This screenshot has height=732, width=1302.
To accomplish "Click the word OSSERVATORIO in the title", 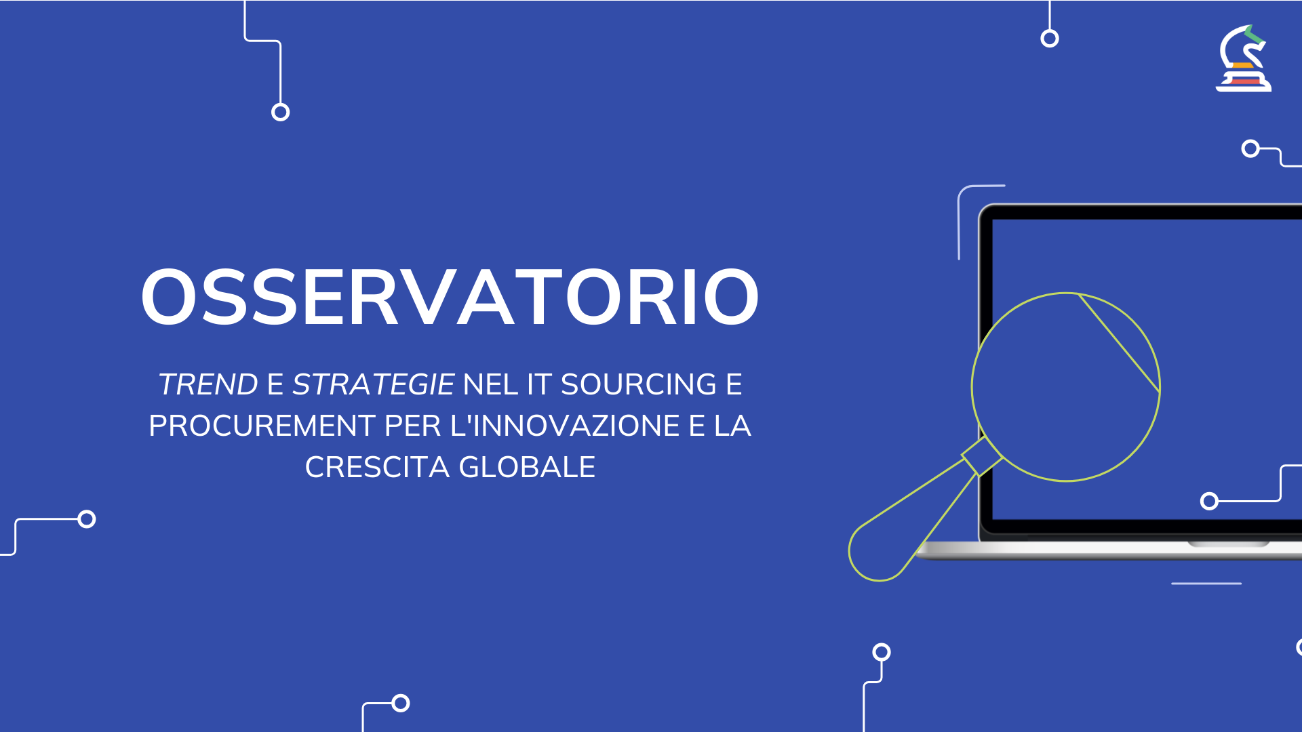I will point(450,298).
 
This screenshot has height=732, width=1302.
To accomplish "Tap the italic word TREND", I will point(208,384).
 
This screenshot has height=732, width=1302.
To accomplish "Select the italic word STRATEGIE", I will point(373,384).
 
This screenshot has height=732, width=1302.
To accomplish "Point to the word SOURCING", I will point(638,384).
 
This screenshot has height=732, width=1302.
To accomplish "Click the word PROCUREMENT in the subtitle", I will point(262,426).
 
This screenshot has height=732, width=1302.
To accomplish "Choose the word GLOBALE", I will point(527,467).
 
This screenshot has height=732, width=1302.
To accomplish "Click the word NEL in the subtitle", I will point(490,384).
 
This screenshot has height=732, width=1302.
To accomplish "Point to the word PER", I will point(413,426).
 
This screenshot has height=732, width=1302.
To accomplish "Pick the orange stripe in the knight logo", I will point(1242,66).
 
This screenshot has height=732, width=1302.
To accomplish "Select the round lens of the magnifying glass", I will point(1065,387).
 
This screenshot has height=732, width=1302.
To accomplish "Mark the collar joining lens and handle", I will point(981,456).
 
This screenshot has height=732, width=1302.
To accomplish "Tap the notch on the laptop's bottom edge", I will point(1228,544).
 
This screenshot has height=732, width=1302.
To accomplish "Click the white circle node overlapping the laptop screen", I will point(1209,501).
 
